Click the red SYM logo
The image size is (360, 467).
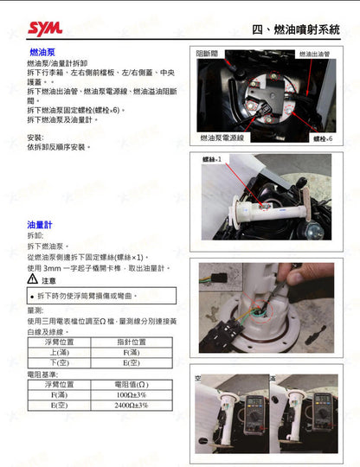45,29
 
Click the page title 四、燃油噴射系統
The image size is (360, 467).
296,29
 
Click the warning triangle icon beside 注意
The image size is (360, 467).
33,280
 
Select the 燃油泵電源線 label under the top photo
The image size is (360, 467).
222,137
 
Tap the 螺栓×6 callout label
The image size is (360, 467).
323,138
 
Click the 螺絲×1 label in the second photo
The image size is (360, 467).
213,160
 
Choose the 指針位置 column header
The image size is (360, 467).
131,342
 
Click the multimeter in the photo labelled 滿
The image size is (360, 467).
319,402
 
